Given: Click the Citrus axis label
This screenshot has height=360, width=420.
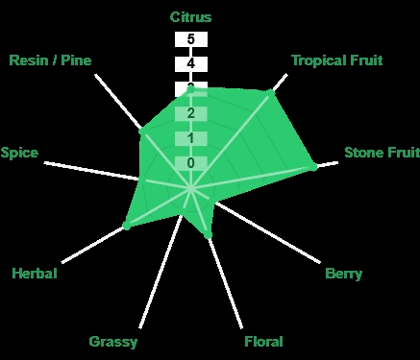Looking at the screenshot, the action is (190, 17).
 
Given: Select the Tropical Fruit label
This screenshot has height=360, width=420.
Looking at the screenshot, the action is (337, 60).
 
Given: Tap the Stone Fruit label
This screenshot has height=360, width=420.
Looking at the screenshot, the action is (383, 153).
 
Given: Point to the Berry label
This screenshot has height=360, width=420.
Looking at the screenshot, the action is (344, 274).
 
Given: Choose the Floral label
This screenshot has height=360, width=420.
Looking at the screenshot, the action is (263, 342).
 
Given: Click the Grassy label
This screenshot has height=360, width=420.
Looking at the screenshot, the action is (113, 342).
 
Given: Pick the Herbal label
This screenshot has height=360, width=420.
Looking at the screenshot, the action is (35, 274).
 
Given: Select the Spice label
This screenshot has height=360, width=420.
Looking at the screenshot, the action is (19, 153).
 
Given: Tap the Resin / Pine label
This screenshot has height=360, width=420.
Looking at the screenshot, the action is (50, 60).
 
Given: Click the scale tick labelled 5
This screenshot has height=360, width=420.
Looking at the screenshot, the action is (191, 39).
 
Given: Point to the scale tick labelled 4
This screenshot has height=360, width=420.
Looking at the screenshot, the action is (191, 64).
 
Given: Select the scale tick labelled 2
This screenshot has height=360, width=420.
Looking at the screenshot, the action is (191, 113).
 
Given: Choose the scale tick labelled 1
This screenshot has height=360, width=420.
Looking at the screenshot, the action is (191, 138).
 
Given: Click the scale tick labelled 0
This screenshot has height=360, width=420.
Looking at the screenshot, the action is (191, 163).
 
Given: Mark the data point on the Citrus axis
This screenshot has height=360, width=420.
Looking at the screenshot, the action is (190, 90).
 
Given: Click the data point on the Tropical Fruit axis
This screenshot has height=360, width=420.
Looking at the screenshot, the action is (270, 93).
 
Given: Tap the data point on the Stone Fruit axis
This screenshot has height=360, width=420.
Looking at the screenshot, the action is (313, 167).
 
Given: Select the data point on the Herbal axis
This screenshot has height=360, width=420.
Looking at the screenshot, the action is (127, 226).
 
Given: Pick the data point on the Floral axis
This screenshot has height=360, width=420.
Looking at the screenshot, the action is (208, 236).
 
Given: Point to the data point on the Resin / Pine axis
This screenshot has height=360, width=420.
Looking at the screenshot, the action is (142, 131).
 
